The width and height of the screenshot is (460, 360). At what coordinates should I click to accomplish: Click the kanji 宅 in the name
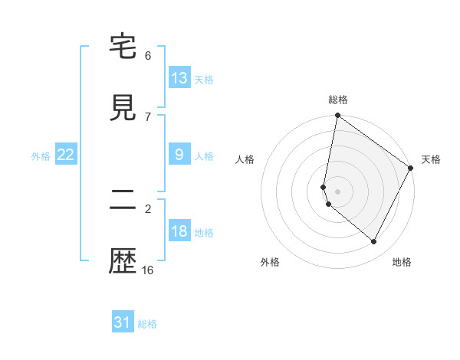[x=123, y=47]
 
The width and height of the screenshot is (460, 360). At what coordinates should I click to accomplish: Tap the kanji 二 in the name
[x=123, y=201]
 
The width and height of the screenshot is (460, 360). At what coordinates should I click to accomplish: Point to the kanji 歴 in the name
[x=123, y=262]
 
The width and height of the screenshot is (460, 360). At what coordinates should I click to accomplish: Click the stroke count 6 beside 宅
[x=148, y=56]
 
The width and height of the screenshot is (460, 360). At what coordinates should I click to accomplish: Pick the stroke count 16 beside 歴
[x=148, y=270]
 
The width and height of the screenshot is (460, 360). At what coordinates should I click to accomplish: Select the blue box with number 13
[x=179, y=78]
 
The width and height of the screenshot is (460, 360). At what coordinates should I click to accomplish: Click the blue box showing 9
[x=179, y=155]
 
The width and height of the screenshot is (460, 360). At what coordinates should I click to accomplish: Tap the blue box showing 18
[x=179, y=231]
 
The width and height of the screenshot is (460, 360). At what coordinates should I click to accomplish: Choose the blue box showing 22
[x=66, y=155]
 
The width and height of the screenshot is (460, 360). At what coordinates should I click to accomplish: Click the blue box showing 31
[x=123, y=322]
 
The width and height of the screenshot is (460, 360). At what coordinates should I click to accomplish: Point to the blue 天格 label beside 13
[x=204, y=80]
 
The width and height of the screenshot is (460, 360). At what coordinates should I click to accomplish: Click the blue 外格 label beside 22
[x=41, y=156]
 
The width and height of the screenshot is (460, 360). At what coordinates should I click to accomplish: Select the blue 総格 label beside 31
[x=147, y=324]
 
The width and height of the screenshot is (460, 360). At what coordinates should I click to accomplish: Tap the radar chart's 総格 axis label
[x=338, y=100]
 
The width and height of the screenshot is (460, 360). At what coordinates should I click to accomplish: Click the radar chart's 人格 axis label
[x=245, y=159]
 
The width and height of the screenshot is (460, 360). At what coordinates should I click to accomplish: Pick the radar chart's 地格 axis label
[x=402, y=262]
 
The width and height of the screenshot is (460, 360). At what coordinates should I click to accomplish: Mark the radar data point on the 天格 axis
[x=411, y=169]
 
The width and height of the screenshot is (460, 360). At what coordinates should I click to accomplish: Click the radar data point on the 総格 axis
[x=337, y=116]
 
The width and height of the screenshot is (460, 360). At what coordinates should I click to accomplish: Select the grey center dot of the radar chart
[x=337, y=191]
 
